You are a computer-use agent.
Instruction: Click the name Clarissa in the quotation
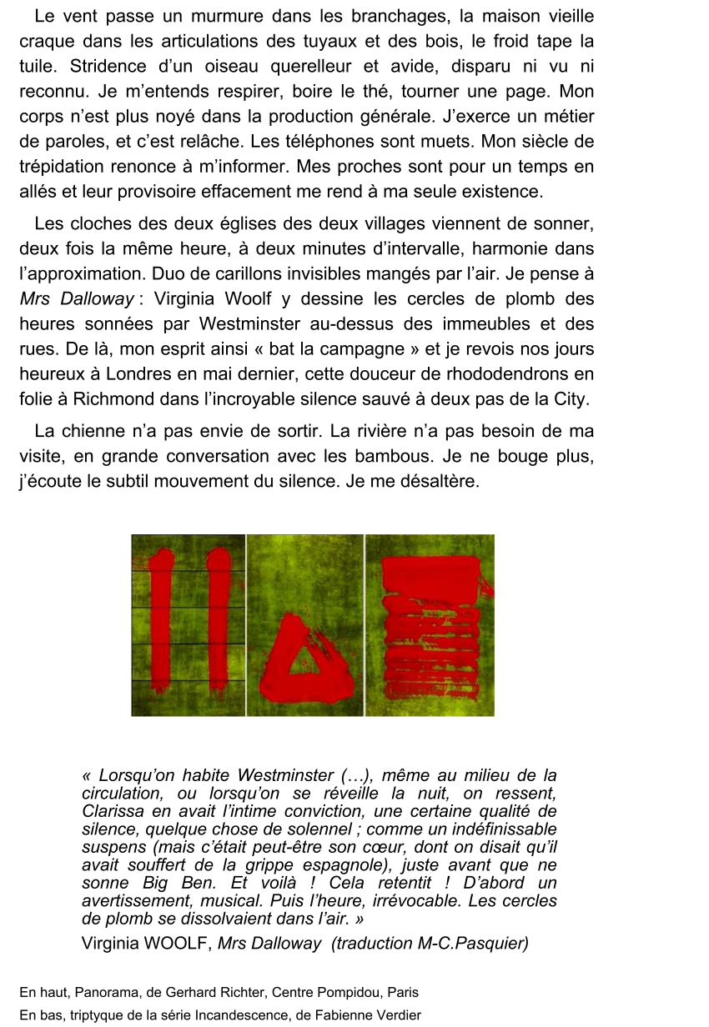click(x=113, y=810)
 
